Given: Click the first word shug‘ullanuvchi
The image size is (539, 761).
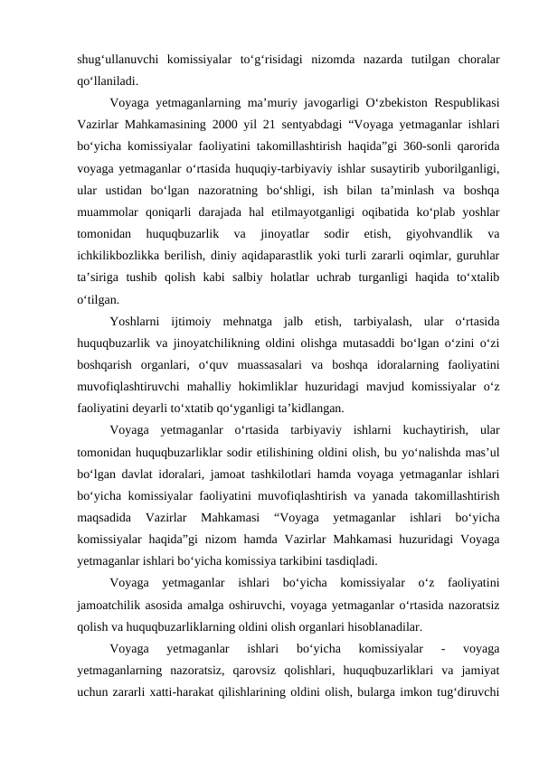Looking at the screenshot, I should pos(117,60).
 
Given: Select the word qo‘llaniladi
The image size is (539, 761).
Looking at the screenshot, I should pos(109,81).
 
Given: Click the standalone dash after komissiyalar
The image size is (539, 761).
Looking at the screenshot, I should pos(440,645).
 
